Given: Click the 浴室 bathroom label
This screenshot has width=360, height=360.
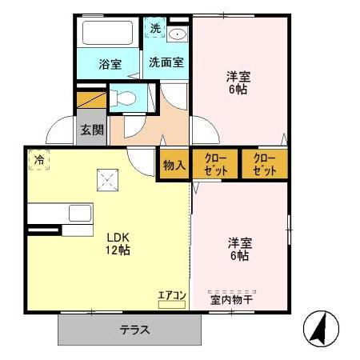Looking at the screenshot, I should [x=110, y=65].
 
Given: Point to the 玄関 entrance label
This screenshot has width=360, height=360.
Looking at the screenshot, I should [x=91, y=130].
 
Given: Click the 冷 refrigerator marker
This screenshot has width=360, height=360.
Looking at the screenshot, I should [x=38, y=160].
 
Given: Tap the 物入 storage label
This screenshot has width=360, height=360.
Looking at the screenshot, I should [x=175, y=166].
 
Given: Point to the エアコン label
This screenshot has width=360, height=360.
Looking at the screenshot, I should [x=171, y=296].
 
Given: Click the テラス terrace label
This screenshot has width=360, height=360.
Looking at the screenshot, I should [x=136, y=330].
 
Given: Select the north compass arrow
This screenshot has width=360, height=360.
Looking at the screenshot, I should [x=321, y=327].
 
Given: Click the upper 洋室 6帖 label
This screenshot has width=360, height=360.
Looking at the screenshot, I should [x=236, y=83].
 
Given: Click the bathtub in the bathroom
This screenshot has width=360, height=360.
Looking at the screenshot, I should [x=110, y=34].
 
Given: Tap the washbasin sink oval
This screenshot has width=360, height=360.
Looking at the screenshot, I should [x=178, y=34].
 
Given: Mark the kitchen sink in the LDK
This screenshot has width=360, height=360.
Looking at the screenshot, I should [x=80, y=214].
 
